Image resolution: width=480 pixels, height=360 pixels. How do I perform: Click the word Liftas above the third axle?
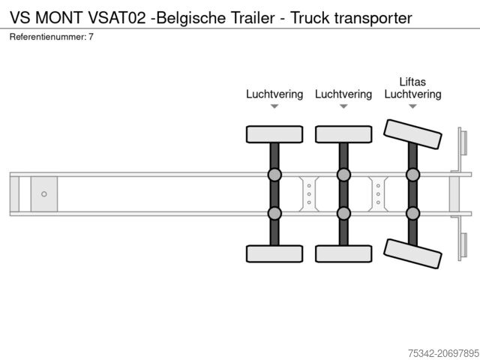point(412,81)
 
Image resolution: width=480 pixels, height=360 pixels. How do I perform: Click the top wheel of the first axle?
point(274,134)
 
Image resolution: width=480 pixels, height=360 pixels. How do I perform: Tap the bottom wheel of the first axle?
point(274,253)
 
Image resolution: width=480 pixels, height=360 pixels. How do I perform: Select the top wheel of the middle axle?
point(343,134)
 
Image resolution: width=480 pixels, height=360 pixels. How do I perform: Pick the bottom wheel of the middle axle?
point(343,253)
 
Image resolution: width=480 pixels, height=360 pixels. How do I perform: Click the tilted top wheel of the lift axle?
point(412,138)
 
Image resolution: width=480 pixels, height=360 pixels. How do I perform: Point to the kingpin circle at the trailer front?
point(44,194)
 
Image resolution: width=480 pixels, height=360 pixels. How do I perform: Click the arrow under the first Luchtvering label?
point(274,107)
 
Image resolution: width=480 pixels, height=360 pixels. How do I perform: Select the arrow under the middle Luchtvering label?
point(343,107)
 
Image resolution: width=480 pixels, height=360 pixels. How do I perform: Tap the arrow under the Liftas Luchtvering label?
point(412,107)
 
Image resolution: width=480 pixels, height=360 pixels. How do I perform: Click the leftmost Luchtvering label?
point(274,94)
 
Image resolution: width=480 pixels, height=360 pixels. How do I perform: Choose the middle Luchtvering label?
point(343,94)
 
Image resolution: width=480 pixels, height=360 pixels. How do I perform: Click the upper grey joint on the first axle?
point(274,175)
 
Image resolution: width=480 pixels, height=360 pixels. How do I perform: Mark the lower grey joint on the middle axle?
point(343,213)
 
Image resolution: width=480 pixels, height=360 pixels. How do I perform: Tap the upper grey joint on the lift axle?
point(412,175)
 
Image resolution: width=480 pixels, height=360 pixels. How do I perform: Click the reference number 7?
point(91,37)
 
